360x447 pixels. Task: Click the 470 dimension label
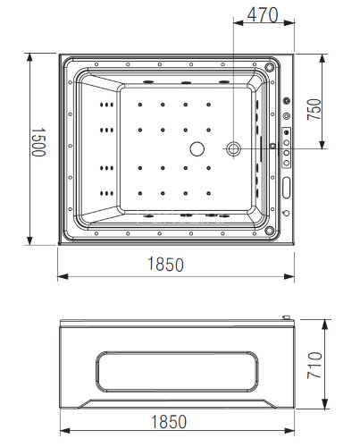tap(262, 15)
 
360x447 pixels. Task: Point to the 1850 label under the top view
tap(167, 265)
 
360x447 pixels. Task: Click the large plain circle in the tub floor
tap(197, 150)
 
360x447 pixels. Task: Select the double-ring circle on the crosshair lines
tap(234, 148)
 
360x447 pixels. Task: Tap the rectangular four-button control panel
tap(287, 148)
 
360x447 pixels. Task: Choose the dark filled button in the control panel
tap(287, 135)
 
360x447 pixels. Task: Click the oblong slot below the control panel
tap(287, 186)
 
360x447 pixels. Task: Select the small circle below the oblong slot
tap(286, 213)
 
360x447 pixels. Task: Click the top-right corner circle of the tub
tap(271, 65)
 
